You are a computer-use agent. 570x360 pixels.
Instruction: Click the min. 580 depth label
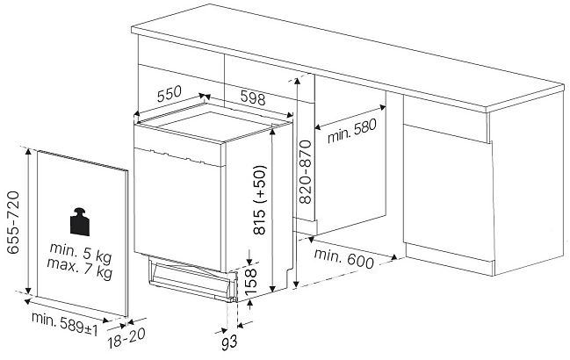click(351, 131)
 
